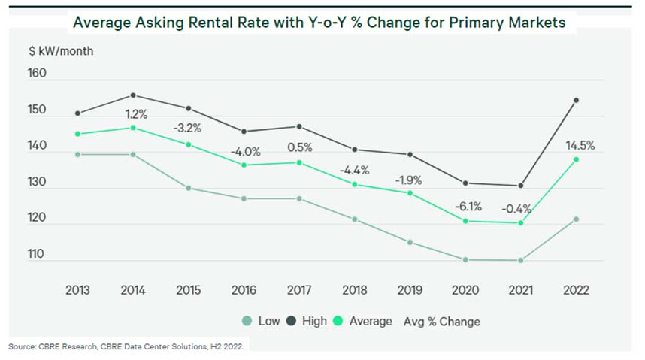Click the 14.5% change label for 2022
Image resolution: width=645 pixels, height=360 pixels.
[x=579, y=146]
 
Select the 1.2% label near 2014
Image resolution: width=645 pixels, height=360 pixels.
[x=136, y=114]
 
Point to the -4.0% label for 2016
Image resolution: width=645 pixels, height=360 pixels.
[x=245, y=151]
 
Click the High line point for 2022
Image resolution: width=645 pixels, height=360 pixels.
[x=577, y=100]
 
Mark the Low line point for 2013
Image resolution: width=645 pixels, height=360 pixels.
[x=77, y=154]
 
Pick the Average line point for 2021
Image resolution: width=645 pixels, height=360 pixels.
[x=520, y=222]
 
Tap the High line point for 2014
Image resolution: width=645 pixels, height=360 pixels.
[x=133, y=95]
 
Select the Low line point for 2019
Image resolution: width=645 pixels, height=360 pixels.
[x=410, y=242]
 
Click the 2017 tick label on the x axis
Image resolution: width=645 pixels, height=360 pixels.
[x=299, y=290]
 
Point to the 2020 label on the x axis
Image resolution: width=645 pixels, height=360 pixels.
[x=466, y=290]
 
